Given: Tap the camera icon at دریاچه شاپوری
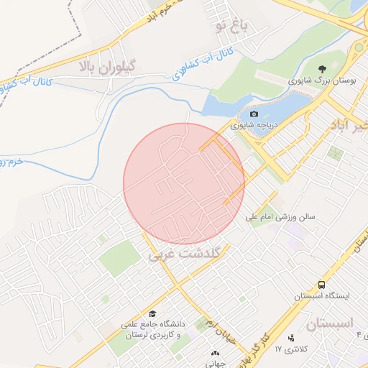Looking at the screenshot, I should pyautogui.click(x=253, y=114).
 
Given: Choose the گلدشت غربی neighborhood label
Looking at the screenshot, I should pyautogui.click(x=183, y=254).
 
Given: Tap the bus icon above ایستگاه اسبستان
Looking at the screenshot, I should pyautogui.click(x=320, y=285).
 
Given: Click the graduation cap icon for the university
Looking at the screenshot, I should pyautogui.click(x=152, y=314).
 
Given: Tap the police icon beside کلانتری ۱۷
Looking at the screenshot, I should pyautogui.click(x=290, y=338).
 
